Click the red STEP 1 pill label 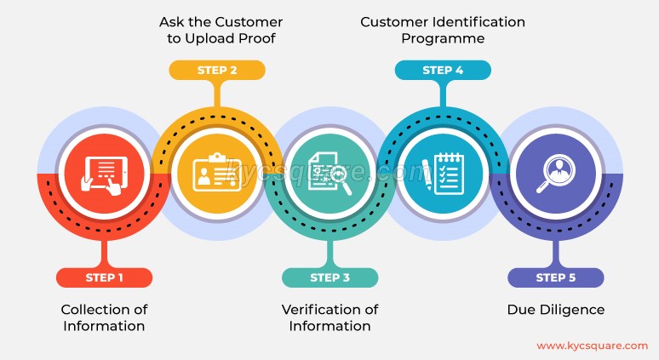click(104, 277)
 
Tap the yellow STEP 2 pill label click(217, 70)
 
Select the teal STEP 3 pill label click(329, 277)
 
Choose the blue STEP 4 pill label click(443, 70)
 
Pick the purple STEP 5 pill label click(556, 277)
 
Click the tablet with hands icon click(104, 175)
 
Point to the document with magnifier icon click(329, 174)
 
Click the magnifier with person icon click(556, 174)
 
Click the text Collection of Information click(104, 317)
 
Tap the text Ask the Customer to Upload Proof click(221, 30)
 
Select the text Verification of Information click(329, 317)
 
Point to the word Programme click(443, 38)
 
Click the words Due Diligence click(556, 310)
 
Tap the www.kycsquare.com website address click(593, 346)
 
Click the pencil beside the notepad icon click(427, 174)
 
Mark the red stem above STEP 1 click(104, 254)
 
